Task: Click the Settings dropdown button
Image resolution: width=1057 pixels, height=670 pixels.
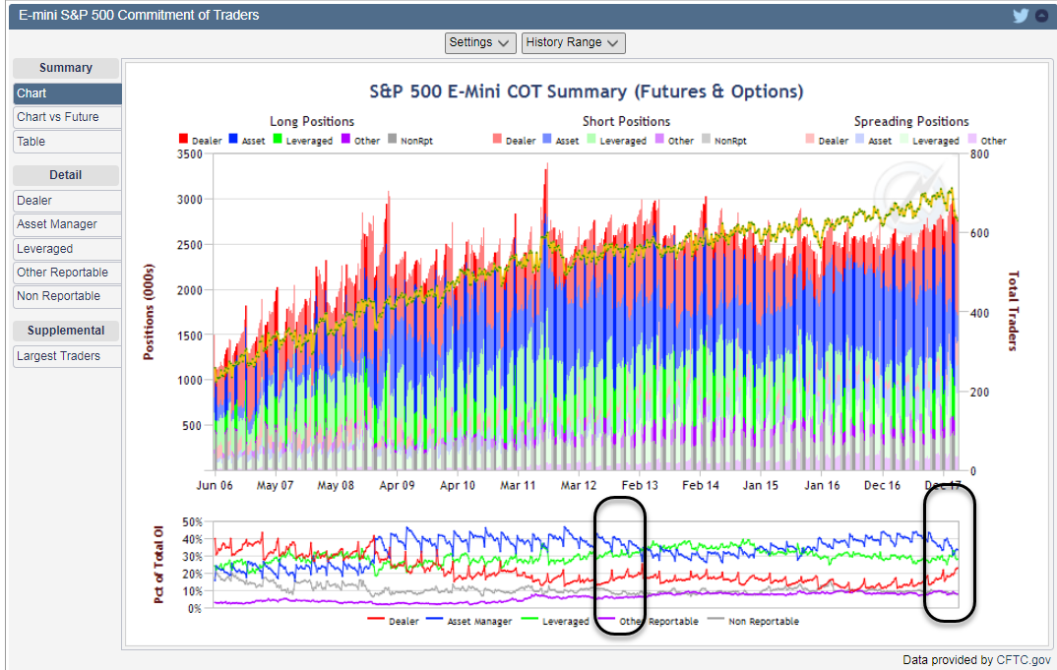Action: click(x=480, y=42)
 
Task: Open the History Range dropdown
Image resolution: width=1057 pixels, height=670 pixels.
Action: click(x=573, y=42)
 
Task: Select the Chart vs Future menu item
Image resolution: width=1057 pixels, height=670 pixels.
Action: click(x=58, y=117)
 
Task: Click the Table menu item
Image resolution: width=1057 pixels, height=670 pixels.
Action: click(x=31, y=142)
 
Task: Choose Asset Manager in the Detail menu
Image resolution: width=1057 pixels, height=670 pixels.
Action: click(x=57, y=224)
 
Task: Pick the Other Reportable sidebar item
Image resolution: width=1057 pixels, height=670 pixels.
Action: click(x=62, y=273)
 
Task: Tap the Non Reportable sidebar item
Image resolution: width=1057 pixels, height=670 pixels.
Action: click(x=58, y=296)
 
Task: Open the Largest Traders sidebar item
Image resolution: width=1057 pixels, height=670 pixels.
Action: click(x=58, y=356)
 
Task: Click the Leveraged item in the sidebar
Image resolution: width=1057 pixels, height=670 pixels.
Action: click(x=45, y=249)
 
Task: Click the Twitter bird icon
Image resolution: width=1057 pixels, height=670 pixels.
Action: click(x=1020, y=16)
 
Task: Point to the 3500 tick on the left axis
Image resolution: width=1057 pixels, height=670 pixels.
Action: click(x=188, y=154)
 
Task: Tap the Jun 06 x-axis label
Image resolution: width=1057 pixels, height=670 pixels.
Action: click(x=215, y=486)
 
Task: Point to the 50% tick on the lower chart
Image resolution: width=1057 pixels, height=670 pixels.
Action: click(x=193, y=522)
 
